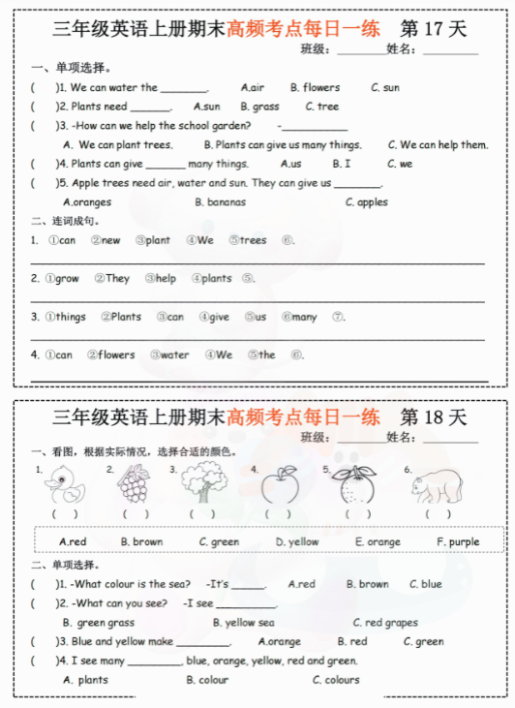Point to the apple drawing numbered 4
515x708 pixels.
[x=280, y=483]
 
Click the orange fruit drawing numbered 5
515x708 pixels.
[x=354, y=484]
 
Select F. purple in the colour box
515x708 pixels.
[x=458, y=541]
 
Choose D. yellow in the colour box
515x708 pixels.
[x=296, y=541]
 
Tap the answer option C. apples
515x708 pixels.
[x=366, y=202]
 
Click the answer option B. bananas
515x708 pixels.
[x=220, y=202]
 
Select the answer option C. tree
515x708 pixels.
[x=321, y=107]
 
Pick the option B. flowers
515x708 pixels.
[x=315, y=87]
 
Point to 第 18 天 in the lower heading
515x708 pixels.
[x=433, y=417]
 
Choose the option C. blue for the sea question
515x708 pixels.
[x=425, y=584]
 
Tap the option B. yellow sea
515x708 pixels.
[x=243, y=623]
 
